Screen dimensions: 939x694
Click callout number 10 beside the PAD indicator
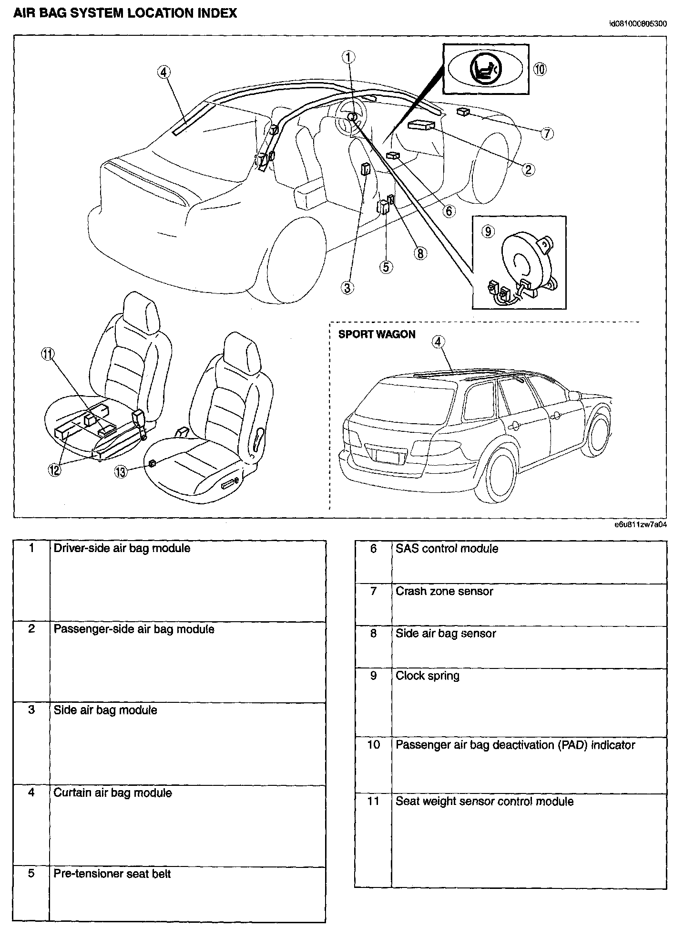[x=540, y=69]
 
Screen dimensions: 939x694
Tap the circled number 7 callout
[x=547, y=133]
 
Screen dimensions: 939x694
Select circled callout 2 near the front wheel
[x=528, y=169]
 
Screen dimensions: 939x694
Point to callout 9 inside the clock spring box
[x=488, y=231]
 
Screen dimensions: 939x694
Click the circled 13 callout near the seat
[x=121, y=472]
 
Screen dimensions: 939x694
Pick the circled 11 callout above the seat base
[x=48, y=354]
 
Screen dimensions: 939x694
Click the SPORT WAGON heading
[x=377, y=334]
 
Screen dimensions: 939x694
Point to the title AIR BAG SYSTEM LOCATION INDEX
[x=125, y=13]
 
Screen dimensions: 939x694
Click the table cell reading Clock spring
[x=428, y=676]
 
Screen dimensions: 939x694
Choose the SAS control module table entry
[x=447, y=549]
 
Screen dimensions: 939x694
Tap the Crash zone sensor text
[x=444, y=591]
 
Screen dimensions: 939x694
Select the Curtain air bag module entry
[x=112, y=793]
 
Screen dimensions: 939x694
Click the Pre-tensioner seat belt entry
[x=112, y=874]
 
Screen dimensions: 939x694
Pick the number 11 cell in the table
[x=373, y=801]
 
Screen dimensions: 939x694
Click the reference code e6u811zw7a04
[x=640, y=524]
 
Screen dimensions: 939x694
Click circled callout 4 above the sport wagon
[x=438, y=342]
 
